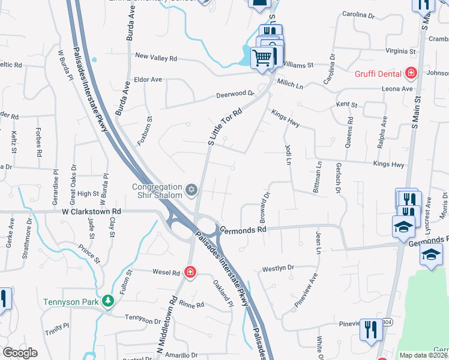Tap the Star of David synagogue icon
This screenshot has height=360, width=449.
pos(191,190)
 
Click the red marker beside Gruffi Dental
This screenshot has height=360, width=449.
pos(411,73)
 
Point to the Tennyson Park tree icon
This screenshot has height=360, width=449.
pos(107,300)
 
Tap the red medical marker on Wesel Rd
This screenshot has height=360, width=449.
pos(190,272)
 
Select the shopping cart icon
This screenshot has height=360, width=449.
pos(262,59)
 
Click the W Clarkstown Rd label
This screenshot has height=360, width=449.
pos(91,211)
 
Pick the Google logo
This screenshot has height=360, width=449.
pos(20,353)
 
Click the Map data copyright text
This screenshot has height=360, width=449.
pos(423,355)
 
